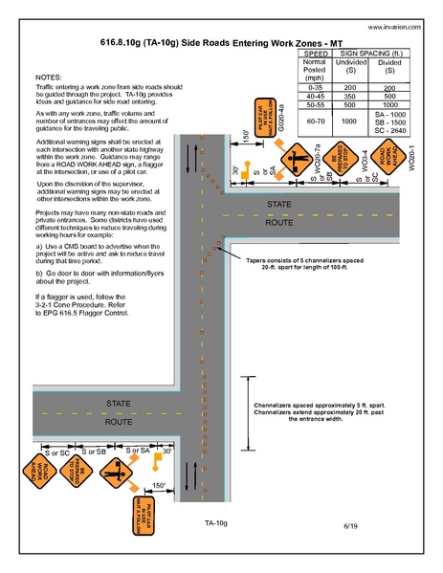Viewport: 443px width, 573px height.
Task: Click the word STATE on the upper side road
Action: pyautogui.click(x=278, y=206)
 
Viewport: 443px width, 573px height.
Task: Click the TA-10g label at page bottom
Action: pyautogui.click(x=216, y=523)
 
